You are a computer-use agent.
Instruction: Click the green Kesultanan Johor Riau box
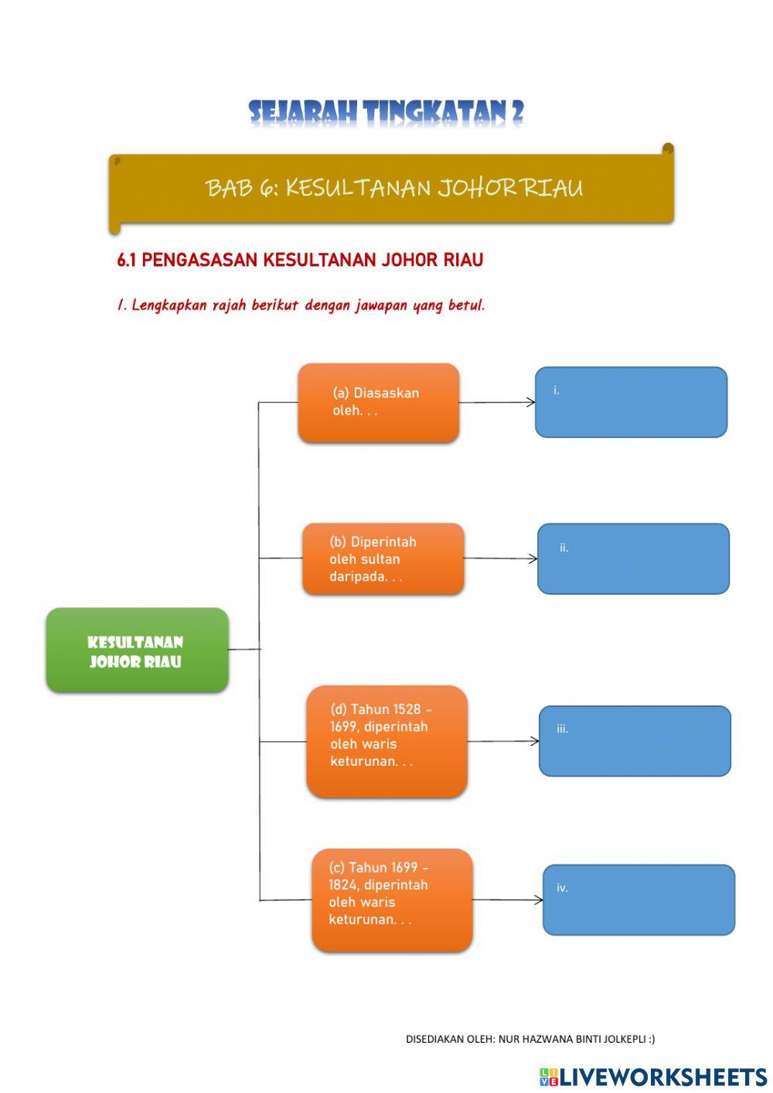[137, 650]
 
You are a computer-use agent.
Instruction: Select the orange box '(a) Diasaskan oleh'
[379, 402]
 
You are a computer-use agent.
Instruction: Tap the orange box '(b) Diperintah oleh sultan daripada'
[383, 558]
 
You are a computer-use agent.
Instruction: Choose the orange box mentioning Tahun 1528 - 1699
[386, 740]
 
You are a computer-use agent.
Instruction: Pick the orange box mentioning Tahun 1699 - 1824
[392, 900]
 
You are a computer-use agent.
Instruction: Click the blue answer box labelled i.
[631, 402]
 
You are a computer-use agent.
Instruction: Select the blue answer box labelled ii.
[633, 558]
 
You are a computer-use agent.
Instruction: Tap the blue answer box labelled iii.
[635, 740]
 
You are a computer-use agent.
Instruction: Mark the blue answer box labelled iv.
[638, 900]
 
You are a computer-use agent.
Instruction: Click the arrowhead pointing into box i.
[531, 402]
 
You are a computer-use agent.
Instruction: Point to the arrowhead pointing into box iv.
[539, 900]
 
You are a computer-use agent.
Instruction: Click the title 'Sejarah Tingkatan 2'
[386, 113]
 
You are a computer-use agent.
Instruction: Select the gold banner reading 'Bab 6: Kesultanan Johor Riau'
[393, 188]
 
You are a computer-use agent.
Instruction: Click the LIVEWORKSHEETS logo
[653, 1076]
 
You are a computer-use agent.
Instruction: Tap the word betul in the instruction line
[466, 305]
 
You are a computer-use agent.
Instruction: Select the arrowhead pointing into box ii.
[533, 558]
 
